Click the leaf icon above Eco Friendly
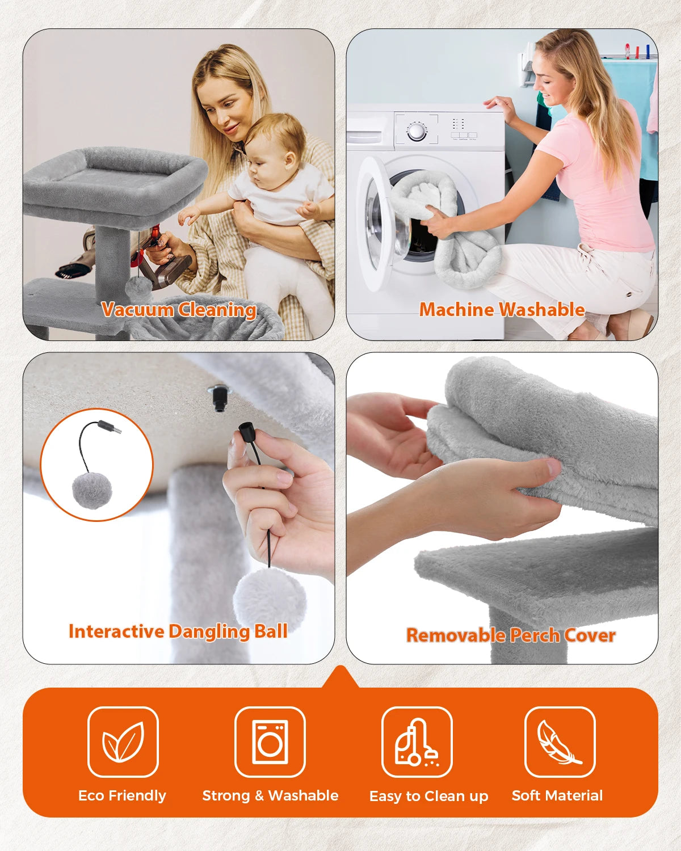pyautogui.click(x=123, y=742)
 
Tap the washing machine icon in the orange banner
pyautogui.click(x=270, y=742)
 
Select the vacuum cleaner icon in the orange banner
pyautogui.click(x=417, y=742)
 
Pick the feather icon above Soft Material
pyautogui.click(x=559, y=742)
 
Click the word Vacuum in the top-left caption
pyautogui.click(x=137, y=309)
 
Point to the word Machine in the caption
pyautogui.click(x=457, y=309)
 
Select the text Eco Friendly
pyautogui.click(x=122, y=795)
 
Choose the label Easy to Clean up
pyautogui.click(x=428, y=797)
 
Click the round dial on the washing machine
pyautogui.click(x=417, y=132)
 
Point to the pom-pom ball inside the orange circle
pyautogui.click(x=92, y=491)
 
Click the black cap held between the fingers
pyautogui.click(x=245, y=432)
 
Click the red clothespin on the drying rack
pyautogui.click(x=628, y=50)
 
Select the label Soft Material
pyautogui.click(x=557, y=795)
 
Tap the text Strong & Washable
pyautogui.click(x=270, y=795)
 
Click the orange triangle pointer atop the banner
pyautogui.click(x=340, y=677)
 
